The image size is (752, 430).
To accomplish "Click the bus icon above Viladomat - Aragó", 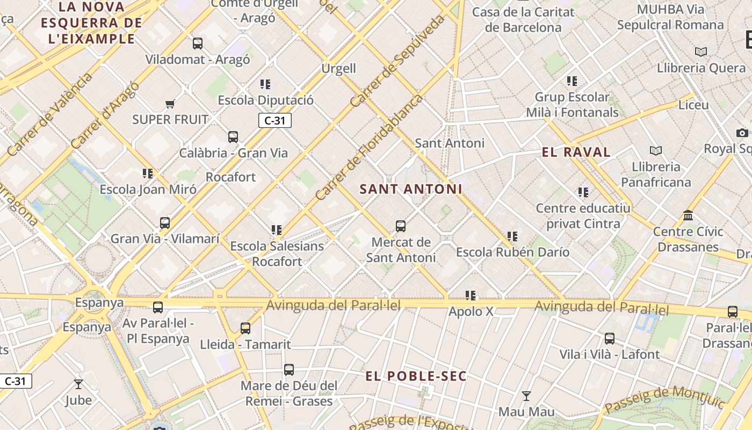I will (x=198, y=44).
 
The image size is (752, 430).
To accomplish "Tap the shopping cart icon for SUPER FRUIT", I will (x=170, y=104).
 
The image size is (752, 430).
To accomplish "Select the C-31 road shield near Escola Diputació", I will (x=275, y=120).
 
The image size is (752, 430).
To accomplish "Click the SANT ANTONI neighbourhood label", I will (x=411, y=189).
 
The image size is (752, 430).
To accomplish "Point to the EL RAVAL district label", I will (x=576, y=152).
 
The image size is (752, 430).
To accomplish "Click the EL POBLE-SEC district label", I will (x=416, y=376).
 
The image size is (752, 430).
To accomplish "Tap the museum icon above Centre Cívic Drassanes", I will (x=688, y=216).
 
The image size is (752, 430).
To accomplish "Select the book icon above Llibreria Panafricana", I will (x=655, y=151).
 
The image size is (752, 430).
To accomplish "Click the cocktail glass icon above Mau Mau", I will (x=526, y=396).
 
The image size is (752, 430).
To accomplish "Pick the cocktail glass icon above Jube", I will (x=78, y=384).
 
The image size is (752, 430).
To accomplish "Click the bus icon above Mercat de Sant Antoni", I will (x=401, y=226).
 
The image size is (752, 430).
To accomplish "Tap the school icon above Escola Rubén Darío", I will (x=512, y=236).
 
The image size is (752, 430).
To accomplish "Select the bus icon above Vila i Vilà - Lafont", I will (x=609, y=339).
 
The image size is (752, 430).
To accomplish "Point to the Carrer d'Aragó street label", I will (x=104, y=115).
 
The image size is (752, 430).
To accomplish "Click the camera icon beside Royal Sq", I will (x=742, y=133).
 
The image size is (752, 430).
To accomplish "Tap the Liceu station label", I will (x=693, y=105).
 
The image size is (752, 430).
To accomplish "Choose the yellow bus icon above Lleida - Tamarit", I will (x=245, y=328).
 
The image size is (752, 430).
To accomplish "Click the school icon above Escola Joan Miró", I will (x=148, y=174).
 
